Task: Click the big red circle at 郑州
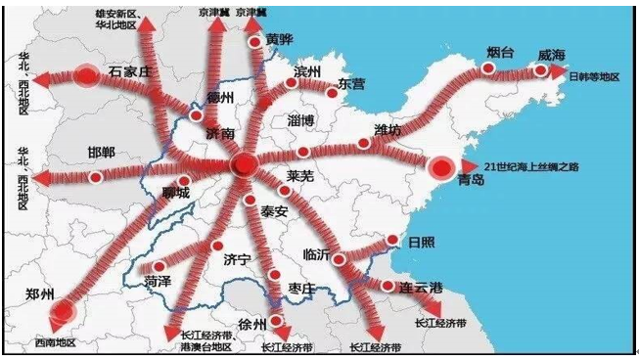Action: click(62, 311)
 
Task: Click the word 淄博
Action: click(301, 121)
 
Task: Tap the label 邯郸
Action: click(100, 155)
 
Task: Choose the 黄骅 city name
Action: click(279, 40)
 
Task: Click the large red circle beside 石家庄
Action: click(87, 74)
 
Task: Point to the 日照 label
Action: click(422, 241)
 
